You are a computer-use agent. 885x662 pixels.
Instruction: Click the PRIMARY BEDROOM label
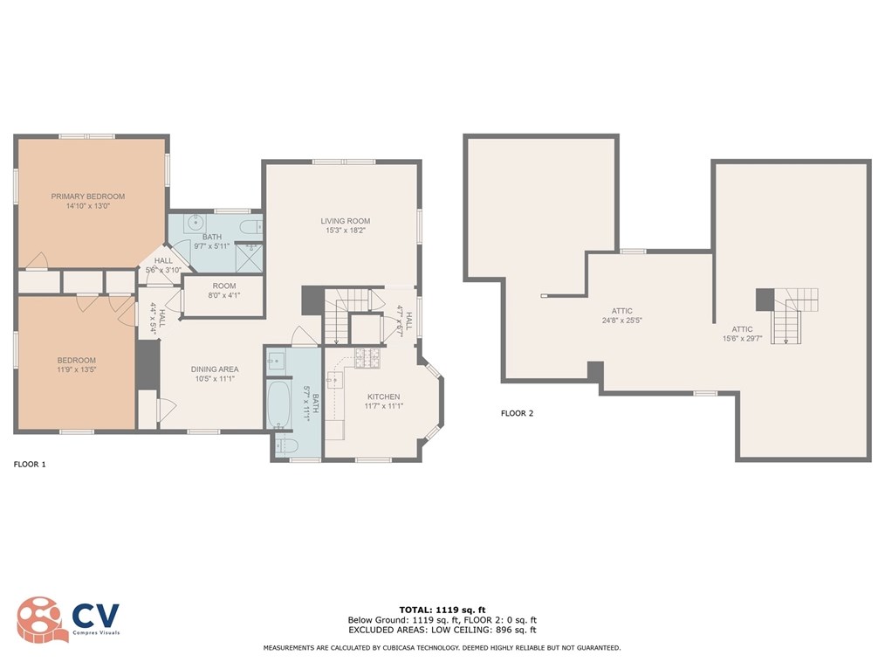coord(87,197)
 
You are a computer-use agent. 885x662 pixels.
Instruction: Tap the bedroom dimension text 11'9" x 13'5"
coord(77,369)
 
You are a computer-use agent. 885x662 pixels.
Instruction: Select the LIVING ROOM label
coord(346,221)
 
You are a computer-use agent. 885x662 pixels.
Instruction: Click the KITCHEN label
coord(383,397)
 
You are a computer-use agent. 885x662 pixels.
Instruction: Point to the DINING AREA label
coord(215,369)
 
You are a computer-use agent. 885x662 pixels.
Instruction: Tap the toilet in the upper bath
coord(251,228)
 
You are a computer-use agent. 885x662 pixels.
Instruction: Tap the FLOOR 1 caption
coord(30,465)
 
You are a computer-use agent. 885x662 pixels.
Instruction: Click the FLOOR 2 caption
coord(517,413)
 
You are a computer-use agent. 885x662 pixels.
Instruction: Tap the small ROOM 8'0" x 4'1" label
coord(223,291)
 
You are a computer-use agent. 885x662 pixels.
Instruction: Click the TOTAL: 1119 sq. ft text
coord(442,609)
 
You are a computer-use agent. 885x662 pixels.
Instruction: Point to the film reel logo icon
coord(40,619)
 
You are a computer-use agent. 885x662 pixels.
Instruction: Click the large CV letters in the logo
coord(95,615)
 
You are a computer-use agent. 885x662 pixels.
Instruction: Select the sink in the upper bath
coord(186,222)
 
